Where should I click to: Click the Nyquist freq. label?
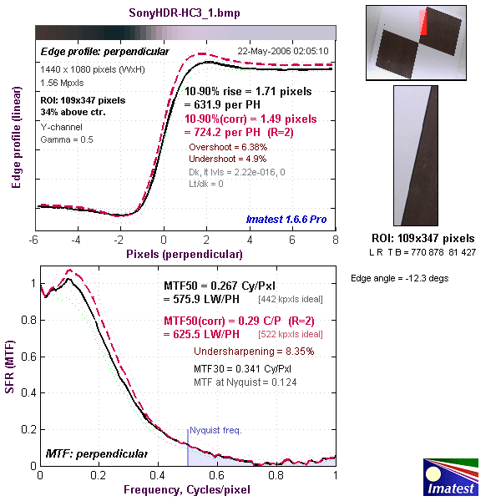[x=215, y=431]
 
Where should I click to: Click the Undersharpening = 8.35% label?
[x=253, y=352]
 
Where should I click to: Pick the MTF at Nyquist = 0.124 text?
[x=245, y=382]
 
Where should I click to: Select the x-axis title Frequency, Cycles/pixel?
[x=188, y=492]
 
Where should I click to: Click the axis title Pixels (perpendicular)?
[x=185, y=251]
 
